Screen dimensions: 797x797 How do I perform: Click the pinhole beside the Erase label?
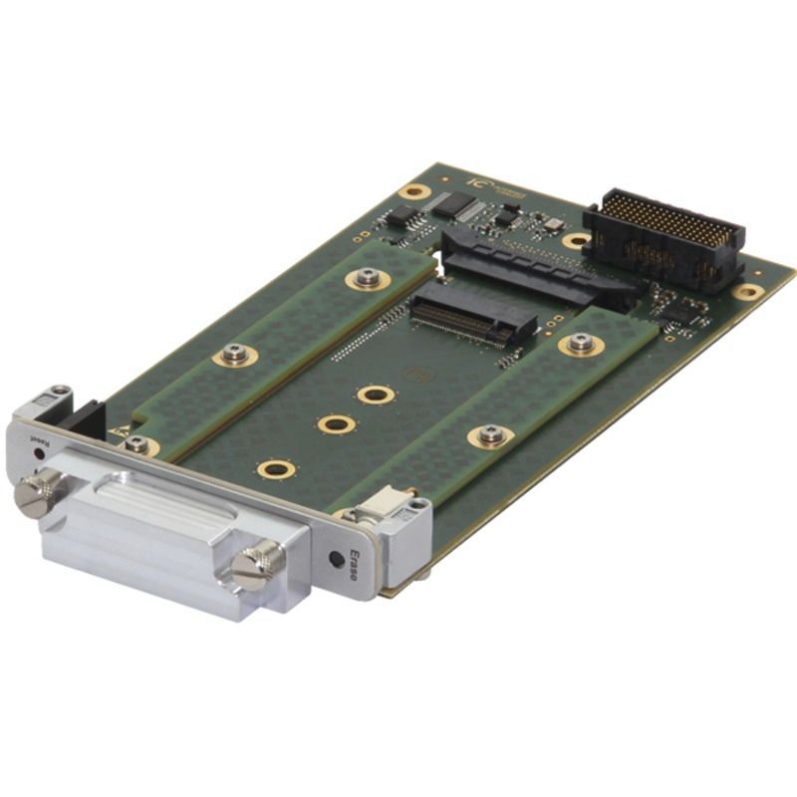[337, 559]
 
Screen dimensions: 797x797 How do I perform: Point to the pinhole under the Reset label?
[38, 453]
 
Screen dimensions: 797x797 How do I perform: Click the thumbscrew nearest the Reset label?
[37, 494]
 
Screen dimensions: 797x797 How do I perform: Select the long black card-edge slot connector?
[538, 267]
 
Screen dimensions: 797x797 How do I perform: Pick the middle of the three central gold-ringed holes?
[337, 424]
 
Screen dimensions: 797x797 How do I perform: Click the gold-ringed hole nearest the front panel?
[275, 468]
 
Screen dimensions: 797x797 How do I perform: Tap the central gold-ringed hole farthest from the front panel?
[376, 395]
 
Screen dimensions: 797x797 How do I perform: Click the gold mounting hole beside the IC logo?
[413, 191]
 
